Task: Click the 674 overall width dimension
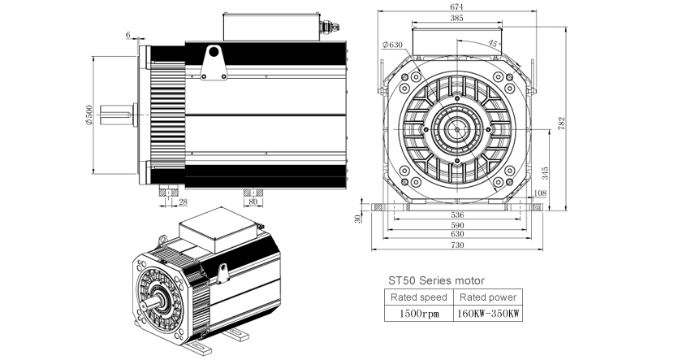click(x=456, y=7)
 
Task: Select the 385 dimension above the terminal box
click(x=456, y=18)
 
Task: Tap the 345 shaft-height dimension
click(x=545, y=173)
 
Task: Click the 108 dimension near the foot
click(x=539, y=193)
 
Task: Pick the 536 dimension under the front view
click(x=457, y=215)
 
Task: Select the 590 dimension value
click(x=457, y=225)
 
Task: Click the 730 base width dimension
click(x=457, y=245)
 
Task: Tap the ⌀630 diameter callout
click(x=391, y=45)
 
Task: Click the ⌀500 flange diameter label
click(x=89, y=115)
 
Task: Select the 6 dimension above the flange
click(x=128, y=34)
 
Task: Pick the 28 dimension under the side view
click(x=183, y=202)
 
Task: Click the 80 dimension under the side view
click(x=253, y=202)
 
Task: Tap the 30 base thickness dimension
click(x=357, y=219)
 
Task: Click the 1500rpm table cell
click(x=419, y=313)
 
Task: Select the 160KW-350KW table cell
click(x=488, y=313)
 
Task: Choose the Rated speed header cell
click(x=419, y=297)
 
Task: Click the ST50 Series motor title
click(x=436, y=281)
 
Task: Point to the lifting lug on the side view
click(x=214, y=63)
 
